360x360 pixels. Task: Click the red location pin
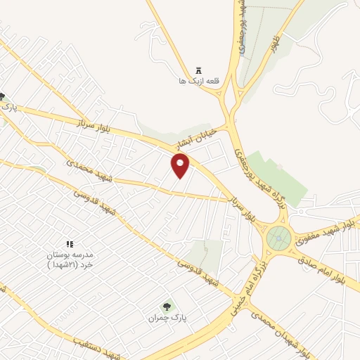[x=181, y=165]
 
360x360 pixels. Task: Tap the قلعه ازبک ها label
[x=199, y=81]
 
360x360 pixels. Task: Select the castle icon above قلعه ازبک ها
[x=199, y=70]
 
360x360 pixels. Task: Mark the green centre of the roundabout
[x=279, y=240]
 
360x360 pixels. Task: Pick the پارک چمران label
[x=167, y=318]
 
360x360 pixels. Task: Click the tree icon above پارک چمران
[x=167, y=306]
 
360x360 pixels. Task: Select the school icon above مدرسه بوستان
[x=69, y=243]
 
